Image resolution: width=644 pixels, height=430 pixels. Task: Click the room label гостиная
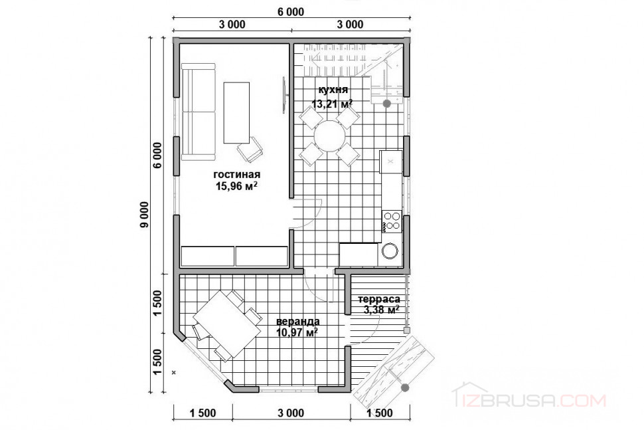pyautogui.click(x=236, y=174)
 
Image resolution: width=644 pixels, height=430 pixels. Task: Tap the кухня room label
pyautogui.click(x=333, y=90)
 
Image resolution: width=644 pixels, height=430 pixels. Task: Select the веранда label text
pyautogui.click(x=298, y=321)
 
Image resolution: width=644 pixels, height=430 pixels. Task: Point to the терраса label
pyautogui.click(x=379, y=299)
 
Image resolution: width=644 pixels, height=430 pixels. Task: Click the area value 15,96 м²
pyautogui.click(x=236, y=186)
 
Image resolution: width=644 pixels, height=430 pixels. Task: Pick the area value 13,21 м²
pyautogui.click(x=332, y=104)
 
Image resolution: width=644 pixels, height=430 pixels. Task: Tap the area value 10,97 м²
pyautogui.click(x=297, y=332)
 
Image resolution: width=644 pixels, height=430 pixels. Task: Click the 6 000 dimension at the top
pyautogui.click(x=291, y=11)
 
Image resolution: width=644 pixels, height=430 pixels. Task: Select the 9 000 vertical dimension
pyautogui.click(x=144, y=215)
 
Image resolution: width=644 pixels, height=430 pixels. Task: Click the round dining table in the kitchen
pyautogui.click(x=330, y=136)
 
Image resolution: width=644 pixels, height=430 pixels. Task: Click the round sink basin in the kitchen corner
pyautogui.click(x=390, y=251)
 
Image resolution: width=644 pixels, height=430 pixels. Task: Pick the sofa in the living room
pyautogui.click(x=199, y=112)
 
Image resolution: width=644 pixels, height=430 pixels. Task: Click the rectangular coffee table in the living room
pyautogui.click(x=236, y=112)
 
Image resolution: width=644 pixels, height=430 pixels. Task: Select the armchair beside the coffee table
pyautogui.click(x=250, y=149)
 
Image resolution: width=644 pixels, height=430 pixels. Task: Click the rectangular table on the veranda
pyautogui.click(x=227, y=320)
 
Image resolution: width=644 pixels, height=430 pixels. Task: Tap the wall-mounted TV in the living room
pyautogui.click(x=283, y=94)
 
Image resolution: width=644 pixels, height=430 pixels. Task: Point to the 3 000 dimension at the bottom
pyautogui.click(x=291, y=413)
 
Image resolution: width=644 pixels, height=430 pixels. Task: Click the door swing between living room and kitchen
pyautogui.click(x=307, y=213)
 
